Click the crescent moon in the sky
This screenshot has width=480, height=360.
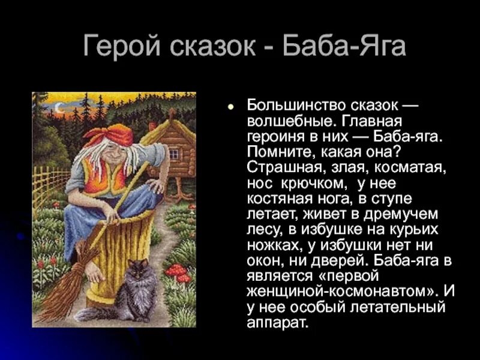(59, 108)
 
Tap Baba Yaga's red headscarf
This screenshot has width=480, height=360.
(110, 136)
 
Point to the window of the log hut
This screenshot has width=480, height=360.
(174, 153)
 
